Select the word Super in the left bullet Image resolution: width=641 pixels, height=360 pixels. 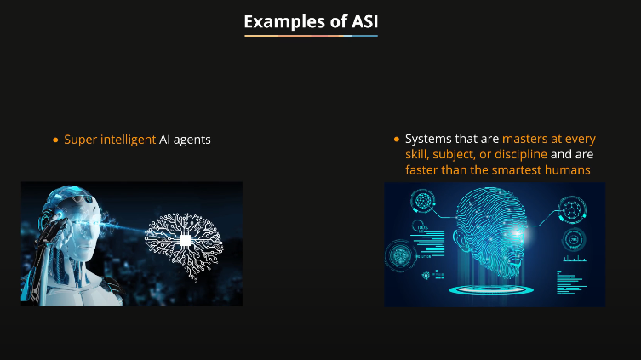79,139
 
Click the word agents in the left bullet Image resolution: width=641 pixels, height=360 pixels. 192,139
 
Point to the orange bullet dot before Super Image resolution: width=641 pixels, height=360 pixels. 55,139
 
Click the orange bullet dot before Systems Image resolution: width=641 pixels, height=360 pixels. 397,139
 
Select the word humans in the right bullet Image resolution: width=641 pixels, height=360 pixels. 570,170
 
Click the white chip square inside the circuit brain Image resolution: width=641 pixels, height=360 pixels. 184,241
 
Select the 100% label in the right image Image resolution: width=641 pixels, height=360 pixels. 421,228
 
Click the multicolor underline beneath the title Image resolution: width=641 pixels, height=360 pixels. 311,37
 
